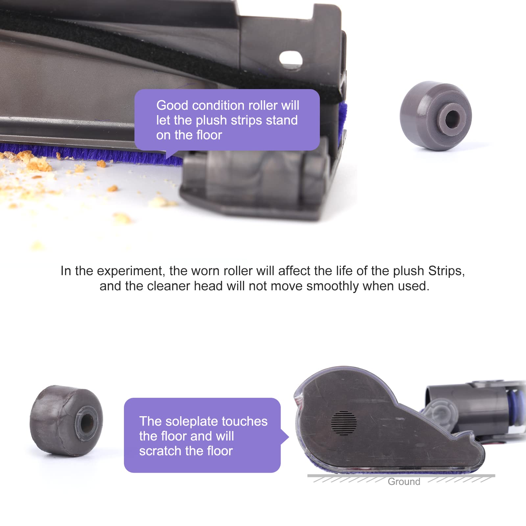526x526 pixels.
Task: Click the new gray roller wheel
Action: pos(436,116)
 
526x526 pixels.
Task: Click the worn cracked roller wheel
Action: pos(66,420)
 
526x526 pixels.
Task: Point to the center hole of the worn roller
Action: pos(87,422)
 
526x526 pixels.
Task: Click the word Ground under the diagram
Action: pos(404,482)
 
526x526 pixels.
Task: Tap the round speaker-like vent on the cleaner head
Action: pos(344,423)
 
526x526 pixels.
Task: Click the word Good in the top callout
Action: pos(172,106)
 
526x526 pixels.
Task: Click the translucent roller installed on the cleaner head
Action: pos(256,178)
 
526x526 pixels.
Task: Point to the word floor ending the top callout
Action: pos(209,135)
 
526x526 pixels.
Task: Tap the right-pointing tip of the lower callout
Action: pos(289,437)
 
